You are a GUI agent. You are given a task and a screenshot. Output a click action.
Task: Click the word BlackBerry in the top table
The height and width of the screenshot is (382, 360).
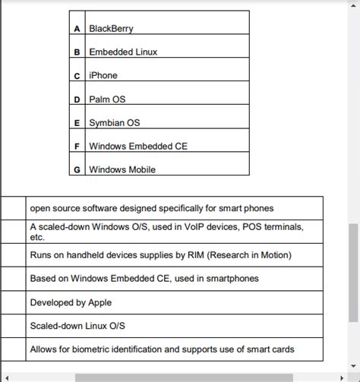[x=111, y=29]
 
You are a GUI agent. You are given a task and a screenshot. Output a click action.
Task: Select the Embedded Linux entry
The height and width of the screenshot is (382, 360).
[x=123, y=52]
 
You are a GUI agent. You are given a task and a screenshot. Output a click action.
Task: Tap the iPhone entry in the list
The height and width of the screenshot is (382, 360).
[x=103, y=76]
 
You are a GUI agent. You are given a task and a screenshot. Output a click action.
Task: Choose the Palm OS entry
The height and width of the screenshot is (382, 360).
[x=107, y=99]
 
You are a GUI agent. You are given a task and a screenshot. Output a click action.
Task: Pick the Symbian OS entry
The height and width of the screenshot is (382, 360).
[x=115, y=123]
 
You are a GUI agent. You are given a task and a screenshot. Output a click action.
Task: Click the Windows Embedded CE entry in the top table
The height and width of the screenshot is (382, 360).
[x=137, y=147]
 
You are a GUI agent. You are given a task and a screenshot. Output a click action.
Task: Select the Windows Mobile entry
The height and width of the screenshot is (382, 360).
[x=122, y=169]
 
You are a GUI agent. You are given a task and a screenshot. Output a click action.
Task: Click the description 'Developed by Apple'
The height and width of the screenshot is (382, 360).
[x=71, y=302]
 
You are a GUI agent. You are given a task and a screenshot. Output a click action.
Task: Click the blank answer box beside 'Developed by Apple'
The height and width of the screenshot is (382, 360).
[x=13, y=302]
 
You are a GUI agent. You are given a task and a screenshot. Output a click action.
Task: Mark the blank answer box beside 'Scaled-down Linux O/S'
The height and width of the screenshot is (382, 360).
[x=13, y=326]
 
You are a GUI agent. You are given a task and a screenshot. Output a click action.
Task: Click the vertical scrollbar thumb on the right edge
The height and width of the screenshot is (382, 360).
[x=354, y=273]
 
